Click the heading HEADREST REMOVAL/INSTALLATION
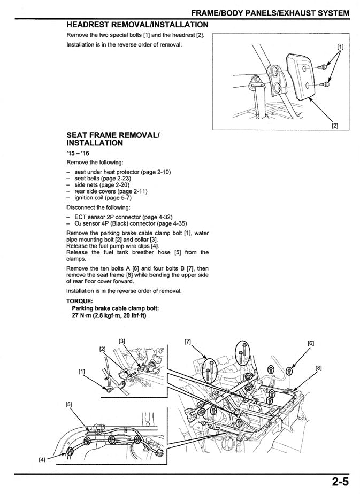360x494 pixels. coord(137,25)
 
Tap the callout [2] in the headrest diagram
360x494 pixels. coord(334,126)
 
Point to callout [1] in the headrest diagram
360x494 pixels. coord(340,47)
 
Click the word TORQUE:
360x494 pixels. coord(79,300)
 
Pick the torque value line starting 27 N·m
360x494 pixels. coord(109,315)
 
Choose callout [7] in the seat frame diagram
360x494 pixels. coord(187,341)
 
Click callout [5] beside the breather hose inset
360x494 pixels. coord(69,404)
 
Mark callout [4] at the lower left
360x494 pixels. coord(42,459)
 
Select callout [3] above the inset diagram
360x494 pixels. coord(122,341)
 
